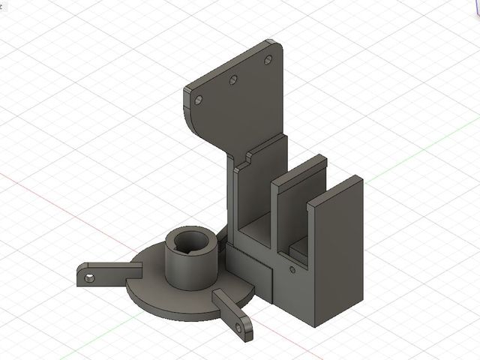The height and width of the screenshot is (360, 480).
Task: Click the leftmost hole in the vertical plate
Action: point(199,98)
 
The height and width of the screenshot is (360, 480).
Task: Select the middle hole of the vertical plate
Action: point(232,78)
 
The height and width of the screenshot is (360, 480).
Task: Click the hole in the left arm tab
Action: point(90,278)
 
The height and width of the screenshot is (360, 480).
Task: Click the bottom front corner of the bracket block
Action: point(315,326)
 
